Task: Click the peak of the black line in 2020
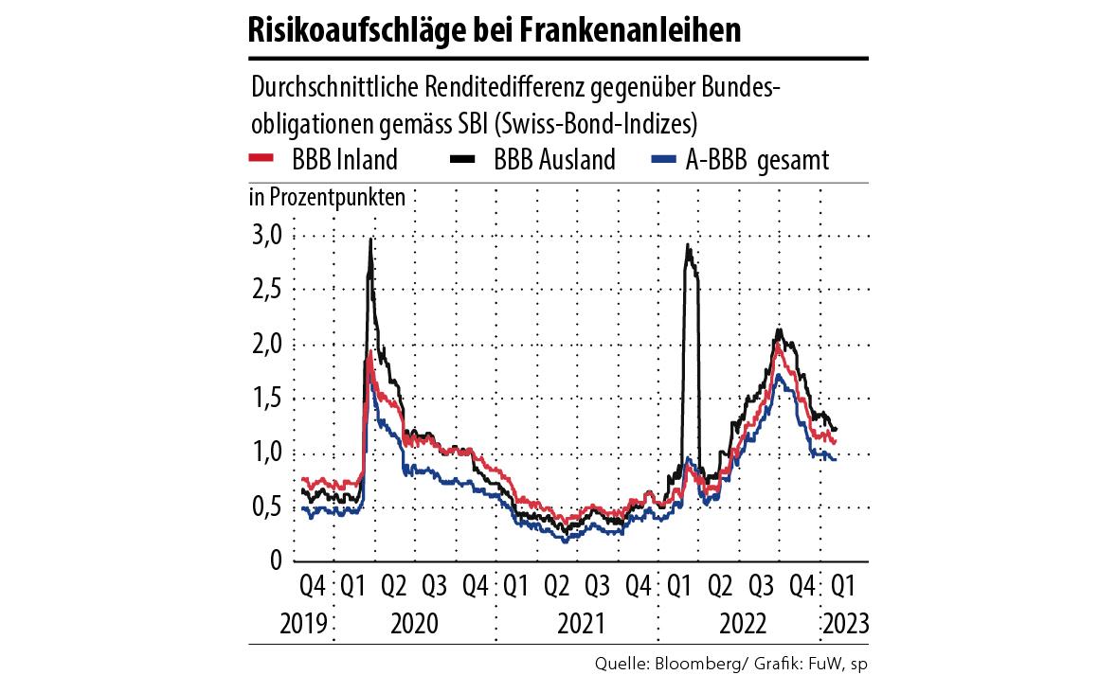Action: click(369, 241)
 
